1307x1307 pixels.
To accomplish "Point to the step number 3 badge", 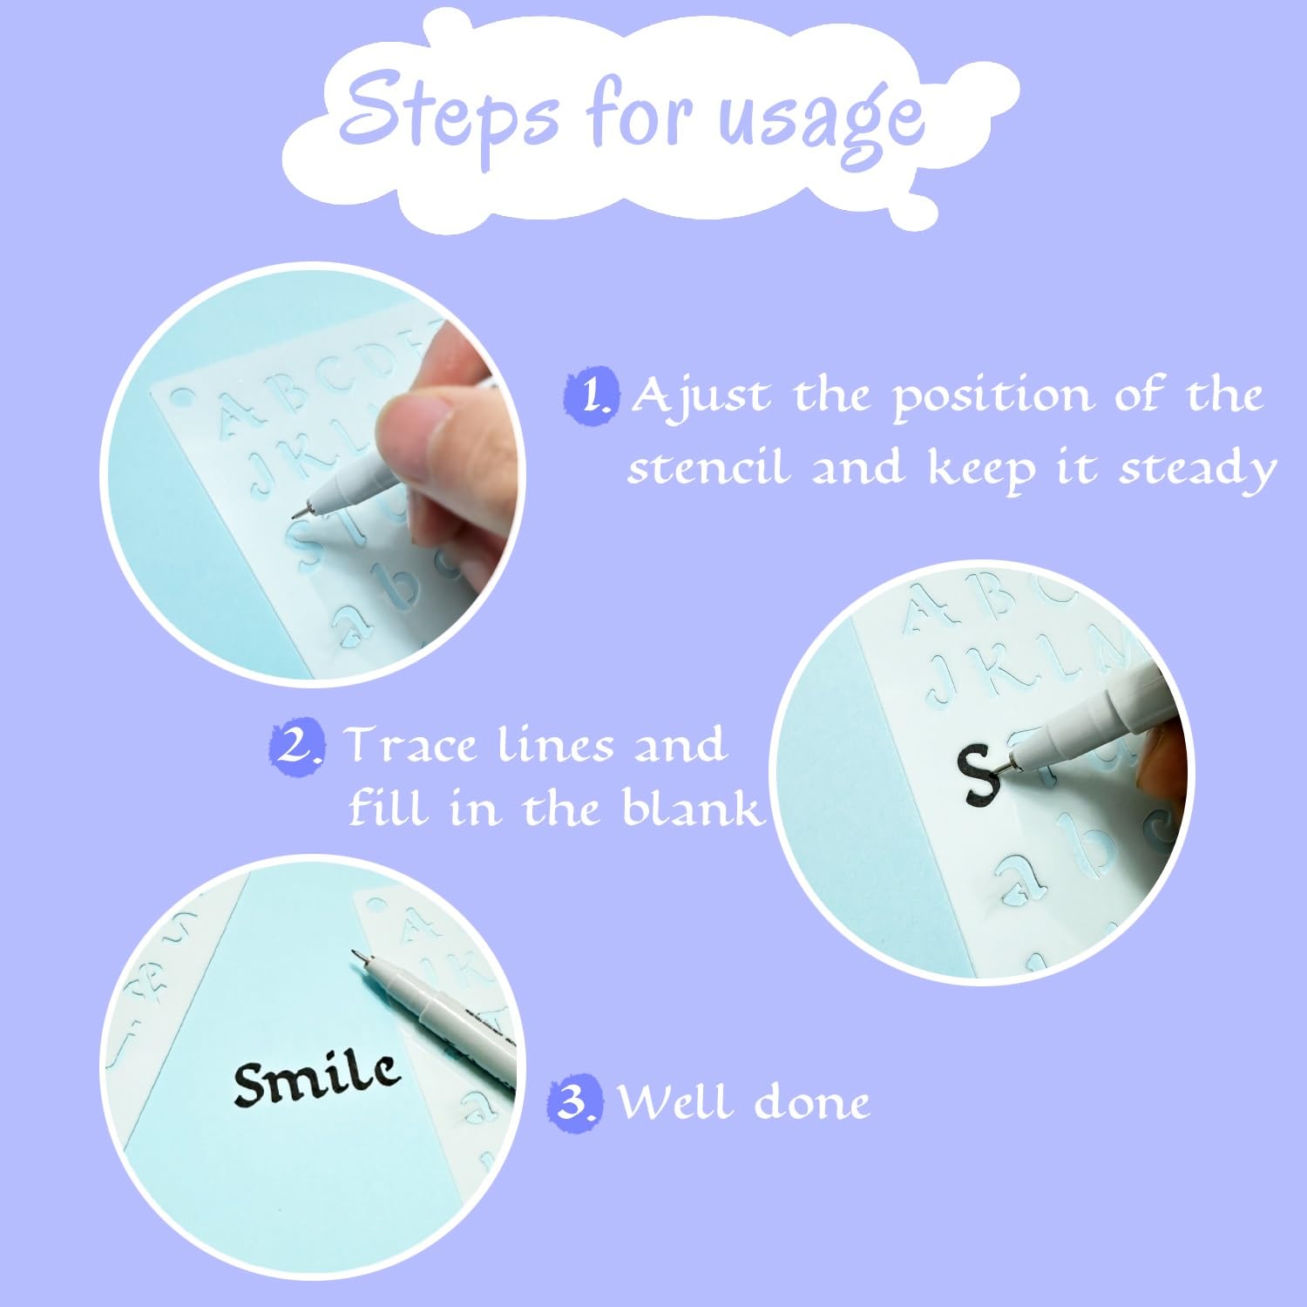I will [x=574, y=1102].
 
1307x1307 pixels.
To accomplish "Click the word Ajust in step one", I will [x=701, y=397].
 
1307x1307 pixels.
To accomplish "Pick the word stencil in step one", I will [x=708, y=469].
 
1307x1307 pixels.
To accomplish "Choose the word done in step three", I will [x=811, y=1103].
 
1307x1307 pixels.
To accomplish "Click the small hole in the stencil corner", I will [x=180, y=398].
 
